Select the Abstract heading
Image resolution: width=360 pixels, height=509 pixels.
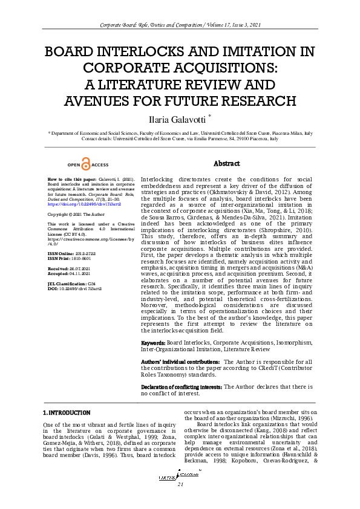(227, 164)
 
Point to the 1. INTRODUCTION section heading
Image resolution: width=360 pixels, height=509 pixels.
(67, 412)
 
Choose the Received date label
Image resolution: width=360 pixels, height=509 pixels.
(58, 268)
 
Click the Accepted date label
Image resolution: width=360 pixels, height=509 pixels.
(59, 273)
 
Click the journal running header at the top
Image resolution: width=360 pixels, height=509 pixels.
(180, 25)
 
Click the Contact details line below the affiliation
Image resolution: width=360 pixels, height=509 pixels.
(180, 138)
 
